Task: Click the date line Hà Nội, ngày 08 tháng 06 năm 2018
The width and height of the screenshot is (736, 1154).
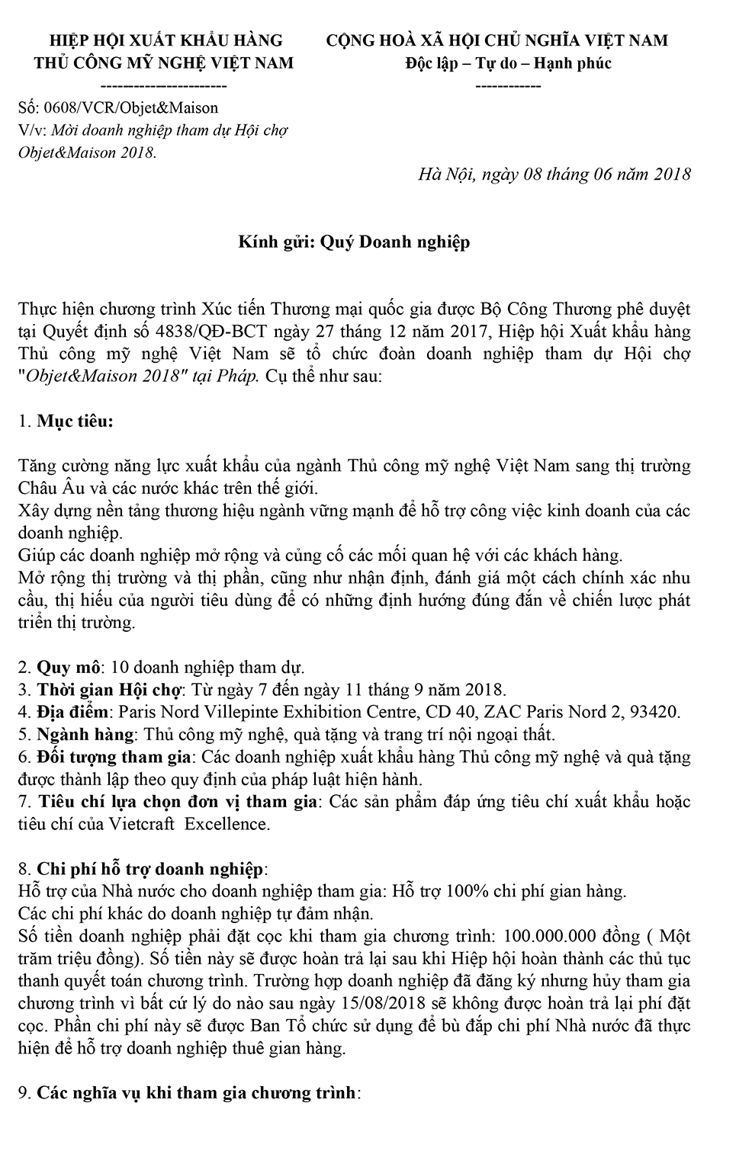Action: [x=554, y=175]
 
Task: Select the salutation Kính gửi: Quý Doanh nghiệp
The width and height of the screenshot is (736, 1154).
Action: [x=354, y=242]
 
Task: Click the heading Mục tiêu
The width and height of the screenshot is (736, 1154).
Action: [x=75, y=421]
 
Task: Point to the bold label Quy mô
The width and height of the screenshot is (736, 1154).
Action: [x=69, y=668]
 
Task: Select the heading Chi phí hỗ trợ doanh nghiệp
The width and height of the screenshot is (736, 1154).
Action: [x=152, y=869]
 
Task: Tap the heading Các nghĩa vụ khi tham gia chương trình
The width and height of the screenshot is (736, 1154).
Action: [x=198, y=1093]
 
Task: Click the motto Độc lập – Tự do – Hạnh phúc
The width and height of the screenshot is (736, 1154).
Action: [x=508, y=63]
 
